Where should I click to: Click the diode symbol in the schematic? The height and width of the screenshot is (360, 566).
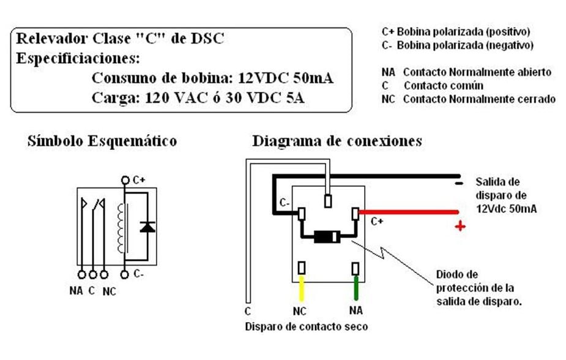146,227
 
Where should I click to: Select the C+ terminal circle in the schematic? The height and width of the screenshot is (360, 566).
125,181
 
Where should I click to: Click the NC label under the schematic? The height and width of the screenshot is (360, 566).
109,291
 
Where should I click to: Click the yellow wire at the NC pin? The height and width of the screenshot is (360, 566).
302,287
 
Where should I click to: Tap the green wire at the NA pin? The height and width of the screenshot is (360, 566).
356,288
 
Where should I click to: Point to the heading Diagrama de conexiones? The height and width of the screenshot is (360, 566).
337,141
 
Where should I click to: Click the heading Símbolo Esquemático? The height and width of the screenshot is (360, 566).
102,141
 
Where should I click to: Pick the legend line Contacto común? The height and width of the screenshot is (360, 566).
443,86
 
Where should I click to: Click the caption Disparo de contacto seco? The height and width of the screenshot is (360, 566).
307,326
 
